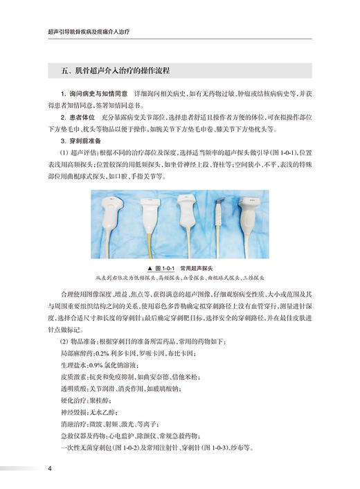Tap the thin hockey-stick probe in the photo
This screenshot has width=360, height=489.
(217, 218)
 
